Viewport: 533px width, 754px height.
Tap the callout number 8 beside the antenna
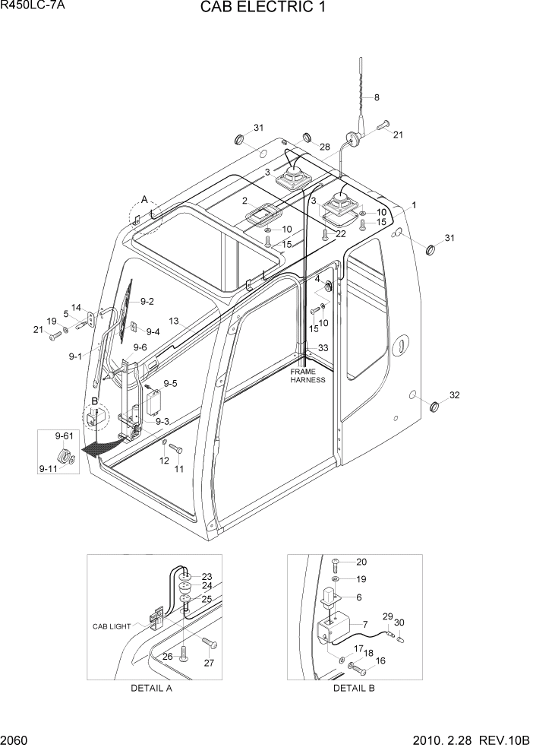pyautogui.click(x=377, y=97)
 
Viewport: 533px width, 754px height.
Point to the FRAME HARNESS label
pyautogui.click(x=307, y=375)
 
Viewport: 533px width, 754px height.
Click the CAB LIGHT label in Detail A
pyautogui.click(x=112, y=626)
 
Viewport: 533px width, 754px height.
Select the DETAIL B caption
pyautogui.click(x=354, y=688)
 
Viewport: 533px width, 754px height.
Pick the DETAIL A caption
pyautogui.click(x=152, y=688)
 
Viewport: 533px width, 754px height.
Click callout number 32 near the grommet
pyautogui.click(x=455, y=395)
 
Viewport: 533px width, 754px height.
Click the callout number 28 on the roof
pyautogui.click(x=324, y=147)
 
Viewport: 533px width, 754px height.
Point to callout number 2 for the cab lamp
pyautogui.click(x=245, y=201)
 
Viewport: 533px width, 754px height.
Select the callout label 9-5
pyautogui.click(x=169, y=383)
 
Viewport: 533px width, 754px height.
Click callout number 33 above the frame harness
pyautogui.click(x=323, y=347)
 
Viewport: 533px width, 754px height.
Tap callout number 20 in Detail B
pyautogui.click(x=361, y=562)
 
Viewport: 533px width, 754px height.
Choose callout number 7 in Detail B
pyautogui.click(x=365, y=624)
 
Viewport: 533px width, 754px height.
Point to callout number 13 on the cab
pyautogui.click(x=173, y=322)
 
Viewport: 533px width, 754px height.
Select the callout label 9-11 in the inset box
pyautogui.click(x=48, y=470)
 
